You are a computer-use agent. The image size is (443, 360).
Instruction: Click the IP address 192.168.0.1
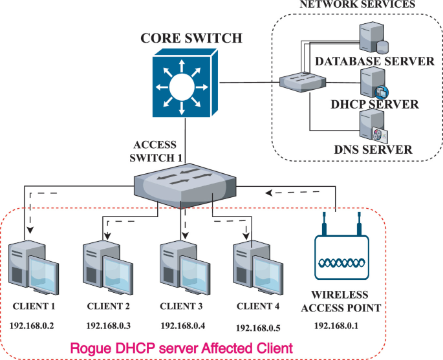point(339,326)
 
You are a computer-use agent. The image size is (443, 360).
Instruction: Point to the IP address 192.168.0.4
point(184,324)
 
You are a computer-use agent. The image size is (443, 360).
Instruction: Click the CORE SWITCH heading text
point(191,38)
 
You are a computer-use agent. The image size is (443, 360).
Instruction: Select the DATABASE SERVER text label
point(374,62)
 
